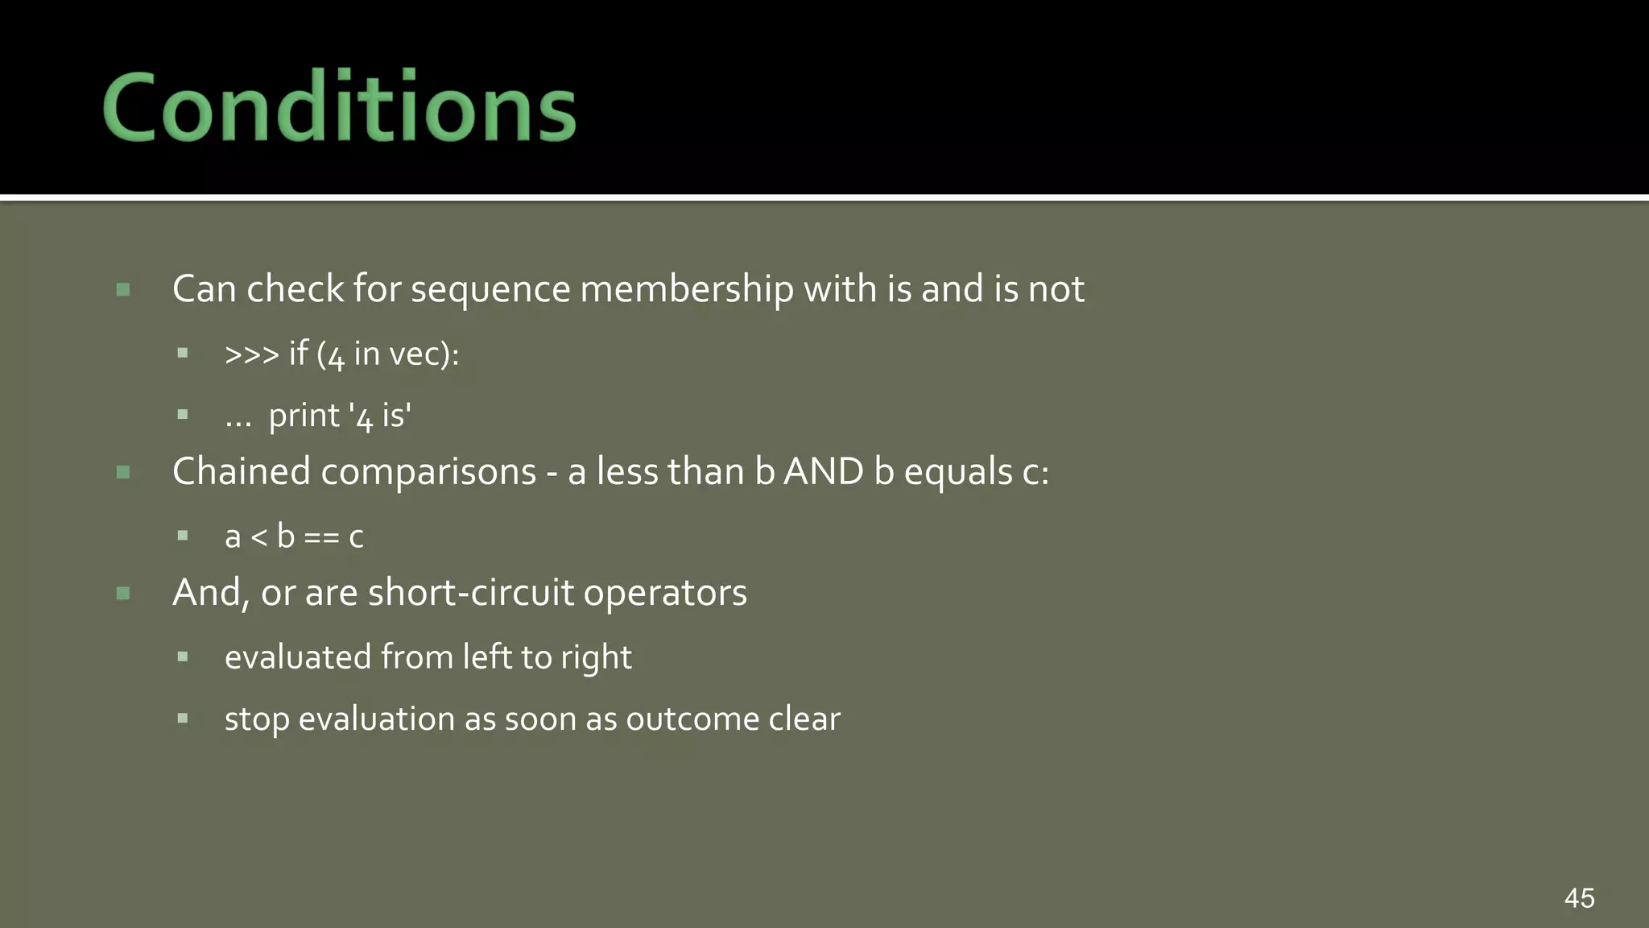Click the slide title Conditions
[339, 107]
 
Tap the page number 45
[1579, 897]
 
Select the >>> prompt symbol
[251, 354]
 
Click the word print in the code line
[304, 416]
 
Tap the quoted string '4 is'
[380, 416]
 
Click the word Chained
[241, 471]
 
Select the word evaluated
[297, 657]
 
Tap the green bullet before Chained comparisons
[123, 472]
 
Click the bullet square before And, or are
[123, 594]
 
